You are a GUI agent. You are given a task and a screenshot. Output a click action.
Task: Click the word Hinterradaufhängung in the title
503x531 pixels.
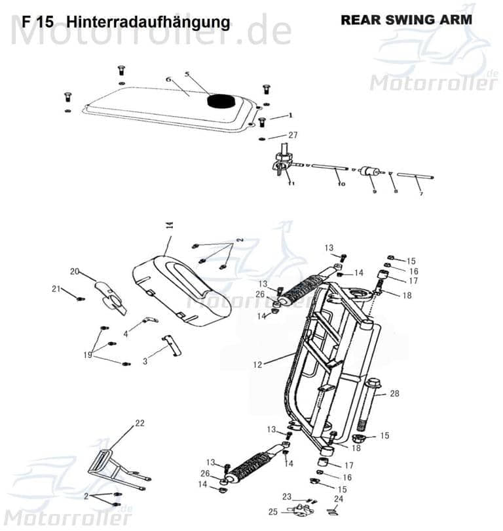(x=149, y=22)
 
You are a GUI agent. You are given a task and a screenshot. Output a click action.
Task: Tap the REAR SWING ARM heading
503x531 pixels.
(x=406, y=20)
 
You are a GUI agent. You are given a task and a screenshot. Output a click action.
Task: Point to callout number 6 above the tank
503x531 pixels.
(x=168, y=80)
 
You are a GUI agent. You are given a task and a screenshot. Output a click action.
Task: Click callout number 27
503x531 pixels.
(x=292, y=135)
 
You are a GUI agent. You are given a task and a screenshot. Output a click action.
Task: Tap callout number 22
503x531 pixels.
(x=139, y=423)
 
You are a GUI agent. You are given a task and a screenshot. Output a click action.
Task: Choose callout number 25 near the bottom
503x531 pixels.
(x=272, y=511)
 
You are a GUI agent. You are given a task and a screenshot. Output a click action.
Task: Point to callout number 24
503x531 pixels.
(x=338, y=499)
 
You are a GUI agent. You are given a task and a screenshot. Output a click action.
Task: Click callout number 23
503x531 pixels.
(x=287, y=496)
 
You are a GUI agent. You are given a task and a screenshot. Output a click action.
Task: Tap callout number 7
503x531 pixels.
(x=420, y=195)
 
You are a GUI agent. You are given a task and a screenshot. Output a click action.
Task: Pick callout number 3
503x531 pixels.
(x=145, y=361)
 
